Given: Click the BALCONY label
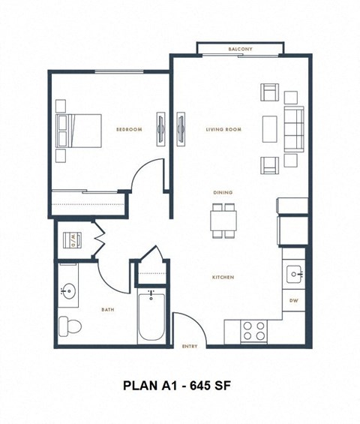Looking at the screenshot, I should coord(240,50).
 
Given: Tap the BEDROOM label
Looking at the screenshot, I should coord(129,129).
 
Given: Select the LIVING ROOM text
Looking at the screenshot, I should coord(223,129).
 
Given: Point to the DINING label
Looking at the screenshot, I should coord(223,193).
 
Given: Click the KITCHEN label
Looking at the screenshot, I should coord(223,278).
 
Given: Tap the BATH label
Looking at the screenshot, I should coord(107,309).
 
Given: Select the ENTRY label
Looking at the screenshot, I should coord(190,347).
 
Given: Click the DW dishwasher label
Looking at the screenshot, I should coord(294,301).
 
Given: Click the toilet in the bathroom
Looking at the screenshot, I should coord(70,326).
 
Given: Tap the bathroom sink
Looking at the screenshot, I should coord(69,290).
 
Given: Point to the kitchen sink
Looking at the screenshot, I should coord(294,274).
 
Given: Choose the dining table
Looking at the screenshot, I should coord(223,219).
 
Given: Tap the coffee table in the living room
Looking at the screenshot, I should coord(268,128).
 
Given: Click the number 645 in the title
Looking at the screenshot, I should coord(199,386).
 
